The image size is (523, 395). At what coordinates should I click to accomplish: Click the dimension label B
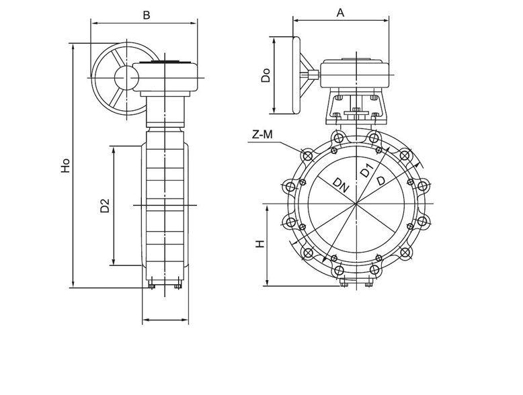coord(147,15)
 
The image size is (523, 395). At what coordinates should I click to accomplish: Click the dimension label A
coord(340,13)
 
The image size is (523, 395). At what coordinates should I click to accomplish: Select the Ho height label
coord(65,165)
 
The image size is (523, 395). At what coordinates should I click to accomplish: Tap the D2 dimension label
coord(105,206)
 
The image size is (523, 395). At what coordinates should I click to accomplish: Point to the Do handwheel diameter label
coord(266,75)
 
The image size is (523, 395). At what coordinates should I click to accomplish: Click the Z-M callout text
coord(262,134)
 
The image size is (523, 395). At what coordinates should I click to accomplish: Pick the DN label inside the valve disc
coord(341,185)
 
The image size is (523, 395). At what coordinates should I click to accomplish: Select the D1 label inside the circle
coord(366,171)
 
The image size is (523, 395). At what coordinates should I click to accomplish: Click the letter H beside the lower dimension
coord(260,244)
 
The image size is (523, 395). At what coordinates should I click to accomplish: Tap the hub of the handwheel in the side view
coord(126,77)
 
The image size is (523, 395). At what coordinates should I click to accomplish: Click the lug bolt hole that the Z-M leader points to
coord(307,156)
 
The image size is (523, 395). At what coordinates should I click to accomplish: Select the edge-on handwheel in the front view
coord(296,75)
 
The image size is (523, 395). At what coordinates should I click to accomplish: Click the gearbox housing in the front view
coord(355,73)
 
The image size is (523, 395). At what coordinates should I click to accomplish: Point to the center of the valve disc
coord(356,203)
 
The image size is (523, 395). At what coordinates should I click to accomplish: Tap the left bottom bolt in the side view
coord(152,286)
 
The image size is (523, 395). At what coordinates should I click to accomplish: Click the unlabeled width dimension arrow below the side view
coord(165,320)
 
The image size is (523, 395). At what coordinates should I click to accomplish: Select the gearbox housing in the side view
coord(165,77)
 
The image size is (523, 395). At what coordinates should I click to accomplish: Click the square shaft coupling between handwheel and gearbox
coord(313,75)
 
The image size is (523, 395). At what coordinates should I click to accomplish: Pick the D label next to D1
coord(380,180)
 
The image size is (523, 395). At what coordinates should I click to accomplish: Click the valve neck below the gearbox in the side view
coord(165,112)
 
